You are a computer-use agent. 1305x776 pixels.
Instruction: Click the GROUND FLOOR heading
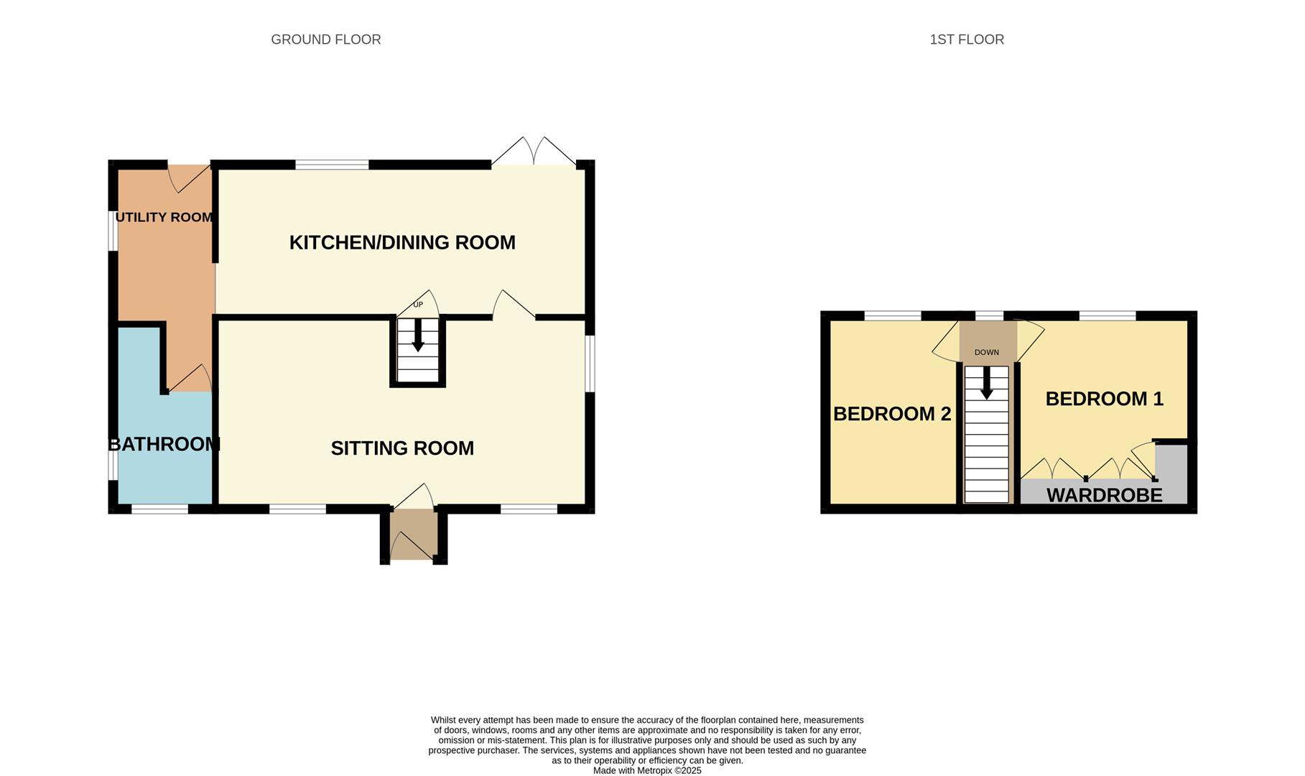325,40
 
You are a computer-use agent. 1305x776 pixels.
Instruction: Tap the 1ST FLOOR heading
966,40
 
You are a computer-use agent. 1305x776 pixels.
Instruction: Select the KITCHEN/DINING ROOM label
402,243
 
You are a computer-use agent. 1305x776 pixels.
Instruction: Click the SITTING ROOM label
402,448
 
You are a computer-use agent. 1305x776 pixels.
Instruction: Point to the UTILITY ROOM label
164,217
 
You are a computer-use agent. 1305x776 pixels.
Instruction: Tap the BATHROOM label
164,444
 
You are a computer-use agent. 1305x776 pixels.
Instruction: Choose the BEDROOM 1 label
1104,399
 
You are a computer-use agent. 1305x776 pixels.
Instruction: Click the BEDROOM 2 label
892,414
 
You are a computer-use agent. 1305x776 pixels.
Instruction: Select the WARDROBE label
1104,495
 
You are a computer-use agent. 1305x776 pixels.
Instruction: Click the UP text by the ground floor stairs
418,305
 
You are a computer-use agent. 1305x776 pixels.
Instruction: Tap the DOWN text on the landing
986,352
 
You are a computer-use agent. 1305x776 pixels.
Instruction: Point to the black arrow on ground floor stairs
417,336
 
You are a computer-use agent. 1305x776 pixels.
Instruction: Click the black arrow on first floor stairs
986,384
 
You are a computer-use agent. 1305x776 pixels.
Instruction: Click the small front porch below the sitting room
413,535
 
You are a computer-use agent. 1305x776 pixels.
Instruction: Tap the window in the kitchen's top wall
332,165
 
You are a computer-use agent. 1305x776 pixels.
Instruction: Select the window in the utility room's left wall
113,230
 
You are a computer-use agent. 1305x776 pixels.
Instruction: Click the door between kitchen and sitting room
513,305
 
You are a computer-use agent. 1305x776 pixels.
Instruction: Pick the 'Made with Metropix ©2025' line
646,770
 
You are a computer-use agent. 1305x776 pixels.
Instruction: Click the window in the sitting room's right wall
590,364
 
